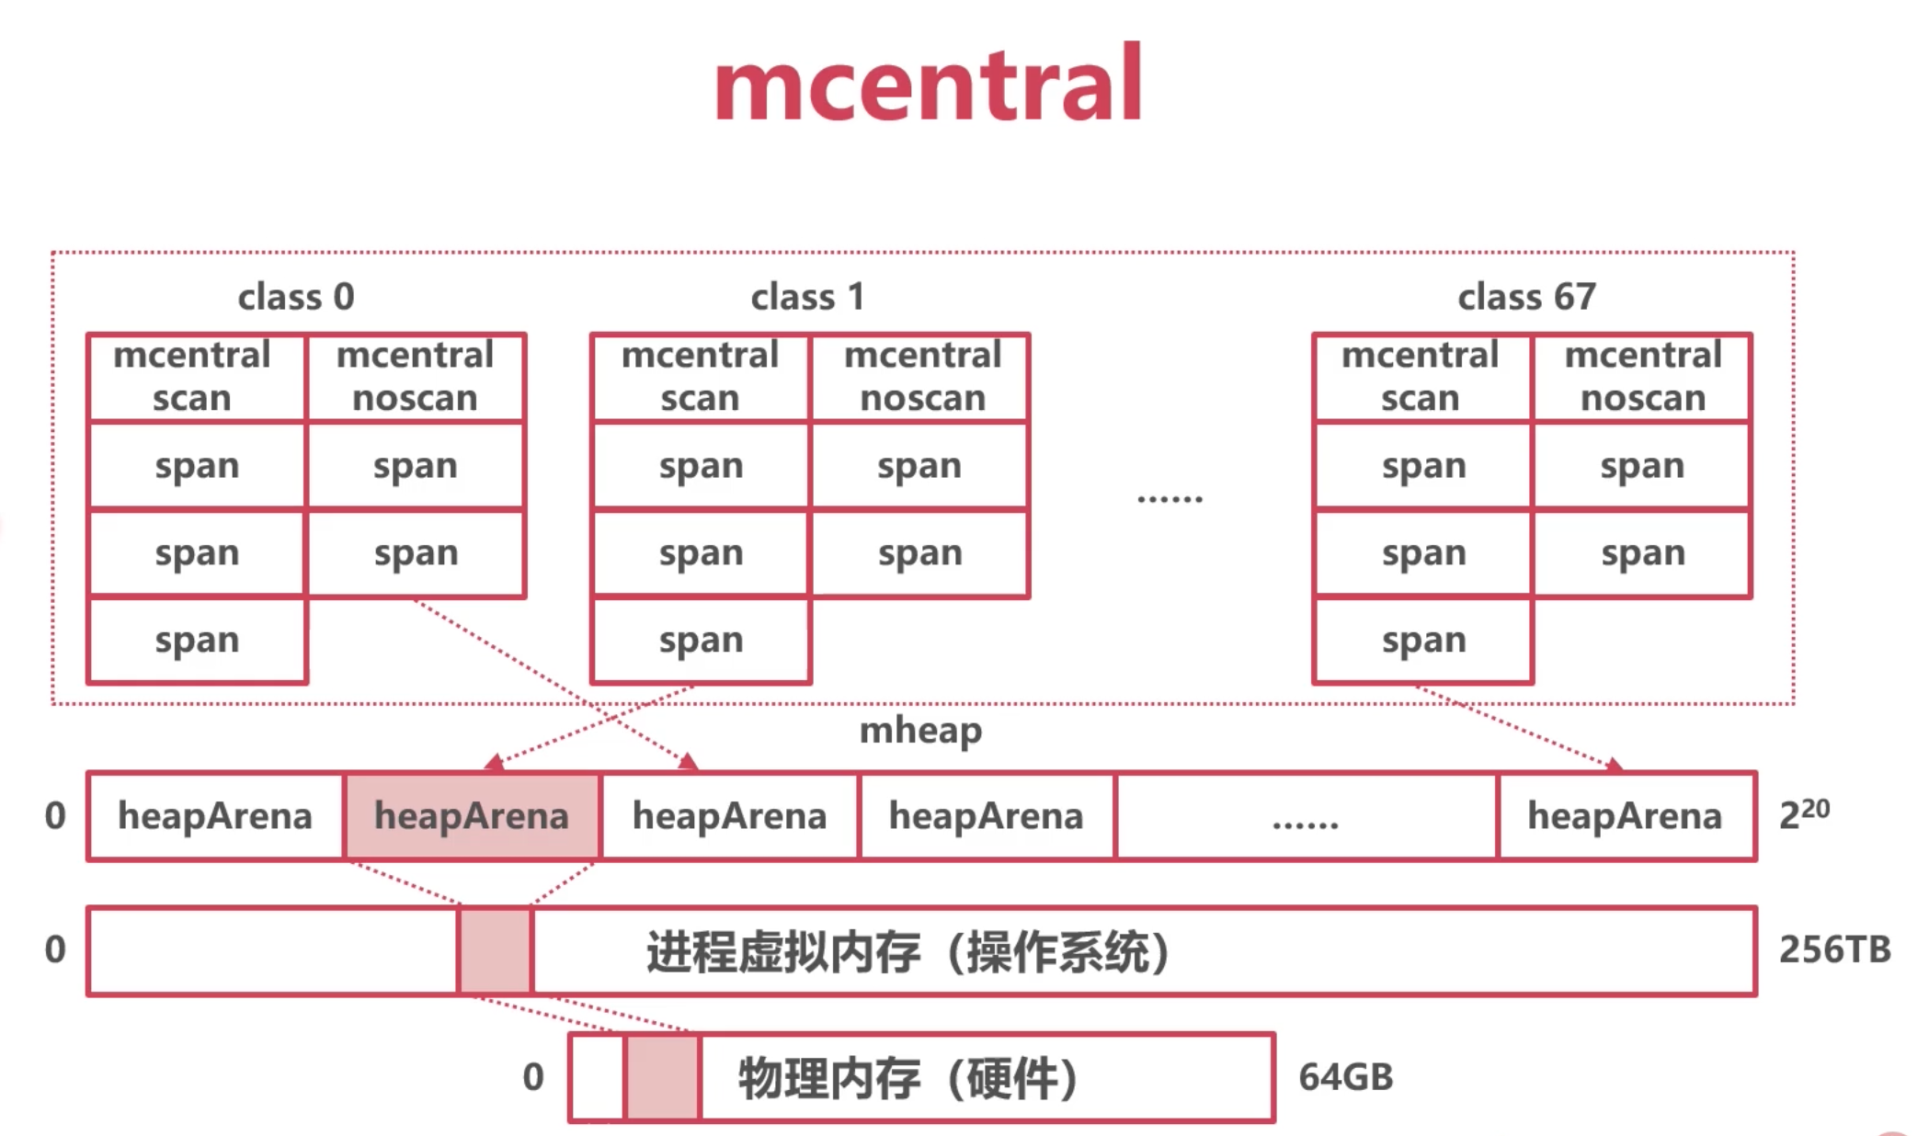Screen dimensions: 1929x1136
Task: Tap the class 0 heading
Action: (x=296, y=297)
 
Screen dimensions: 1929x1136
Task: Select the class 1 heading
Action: (x=807, y=297)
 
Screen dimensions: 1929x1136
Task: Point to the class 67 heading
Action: (x=1527, y=297)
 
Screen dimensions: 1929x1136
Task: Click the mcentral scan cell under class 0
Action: (x=196, y=377)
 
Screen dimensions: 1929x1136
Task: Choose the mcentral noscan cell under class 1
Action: (x=920, y=377)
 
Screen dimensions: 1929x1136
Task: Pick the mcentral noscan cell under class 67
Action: (x=1642, y=377)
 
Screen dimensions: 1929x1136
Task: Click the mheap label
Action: (x=920, y=731)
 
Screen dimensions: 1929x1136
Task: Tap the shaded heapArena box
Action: (x=472, y=816)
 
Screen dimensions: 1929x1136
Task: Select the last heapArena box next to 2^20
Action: (x=1627, y=816)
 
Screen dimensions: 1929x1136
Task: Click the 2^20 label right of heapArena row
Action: (x=1804, y=814)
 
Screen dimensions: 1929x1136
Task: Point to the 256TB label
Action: (x=1834, y=949)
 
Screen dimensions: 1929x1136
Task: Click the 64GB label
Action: (x=1346, y=1077)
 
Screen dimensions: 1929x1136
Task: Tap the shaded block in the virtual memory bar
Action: (x=496, y=951)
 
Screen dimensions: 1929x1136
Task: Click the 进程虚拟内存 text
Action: (x=782, y=951)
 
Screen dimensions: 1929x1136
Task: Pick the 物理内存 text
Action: (x=829, y=1078)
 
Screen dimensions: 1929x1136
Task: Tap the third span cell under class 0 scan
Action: (x=197, y=641)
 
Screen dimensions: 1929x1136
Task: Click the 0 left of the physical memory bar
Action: (x=533, y=1077)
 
